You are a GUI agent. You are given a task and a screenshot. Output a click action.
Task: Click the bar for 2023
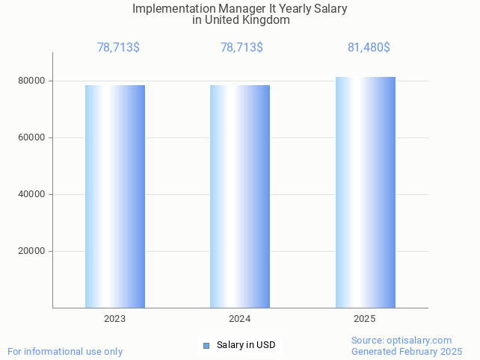coord(115,196)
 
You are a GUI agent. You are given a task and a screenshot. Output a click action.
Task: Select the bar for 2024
coord(240,196)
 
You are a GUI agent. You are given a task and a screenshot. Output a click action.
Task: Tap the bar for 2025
coord(365,192)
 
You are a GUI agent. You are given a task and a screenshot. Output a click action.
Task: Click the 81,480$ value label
coord(369,48)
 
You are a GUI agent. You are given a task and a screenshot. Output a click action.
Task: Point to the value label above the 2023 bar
coord(118,48)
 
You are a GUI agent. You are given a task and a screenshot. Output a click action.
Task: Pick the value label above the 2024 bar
coord(241,48)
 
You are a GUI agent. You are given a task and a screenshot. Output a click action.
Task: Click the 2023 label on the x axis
coord(115,319)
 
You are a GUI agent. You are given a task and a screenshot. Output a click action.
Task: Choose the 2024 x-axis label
coord(240,319)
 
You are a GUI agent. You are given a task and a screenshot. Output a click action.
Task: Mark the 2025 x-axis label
coord(365,319)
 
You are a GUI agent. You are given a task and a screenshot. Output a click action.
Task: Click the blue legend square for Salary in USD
coord(207,345)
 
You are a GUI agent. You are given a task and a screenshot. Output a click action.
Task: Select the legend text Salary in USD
coord(246,345)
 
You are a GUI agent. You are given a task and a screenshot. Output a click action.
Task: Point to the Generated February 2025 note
coord(407,351)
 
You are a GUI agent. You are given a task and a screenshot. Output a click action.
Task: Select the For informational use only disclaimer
coord(65,351)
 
